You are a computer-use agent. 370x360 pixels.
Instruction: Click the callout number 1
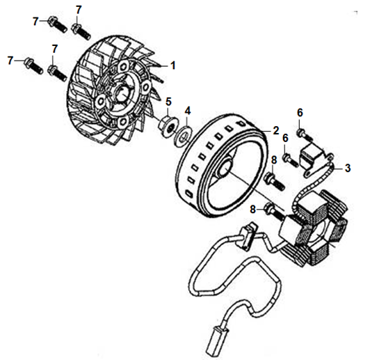173,65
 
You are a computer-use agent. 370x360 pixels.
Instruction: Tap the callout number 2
276,131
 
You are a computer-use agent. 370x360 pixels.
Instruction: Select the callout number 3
348,169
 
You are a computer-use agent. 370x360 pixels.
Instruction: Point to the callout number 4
188,111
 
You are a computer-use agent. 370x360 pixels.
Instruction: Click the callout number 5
168,102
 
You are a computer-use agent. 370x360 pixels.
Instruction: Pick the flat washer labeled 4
184,136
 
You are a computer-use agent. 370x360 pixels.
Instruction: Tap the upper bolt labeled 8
275,182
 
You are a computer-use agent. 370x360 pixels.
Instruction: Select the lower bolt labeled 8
274,212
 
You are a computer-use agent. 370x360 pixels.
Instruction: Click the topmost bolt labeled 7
81,31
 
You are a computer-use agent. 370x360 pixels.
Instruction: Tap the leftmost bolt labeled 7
33,65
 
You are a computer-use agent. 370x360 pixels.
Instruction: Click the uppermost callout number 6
300,113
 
